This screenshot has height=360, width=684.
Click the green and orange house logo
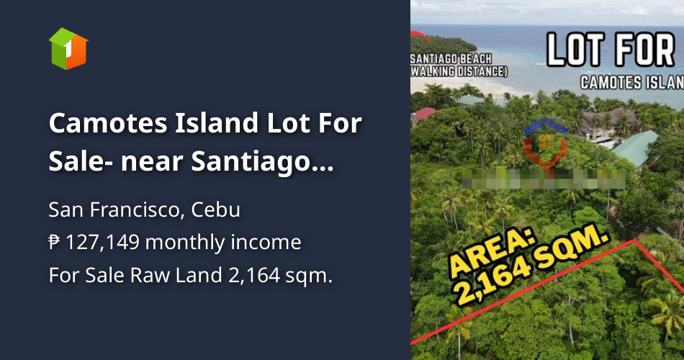[x=68, y=49]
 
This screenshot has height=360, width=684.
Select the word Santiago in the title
[x=254, y=163]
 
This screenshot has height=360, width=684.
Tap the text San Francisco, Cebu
[x=144, y=210]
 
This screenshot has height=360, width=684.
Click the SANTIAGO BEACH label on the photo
[x=451, y=58]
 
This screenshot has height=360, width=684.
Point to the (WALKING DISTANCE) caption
[x=459, y=71]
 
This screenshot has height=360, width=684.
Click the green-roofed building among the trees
[x=634, y=148]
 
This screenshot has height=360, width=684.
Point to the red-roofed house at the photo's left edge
[x=423, y=113]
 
